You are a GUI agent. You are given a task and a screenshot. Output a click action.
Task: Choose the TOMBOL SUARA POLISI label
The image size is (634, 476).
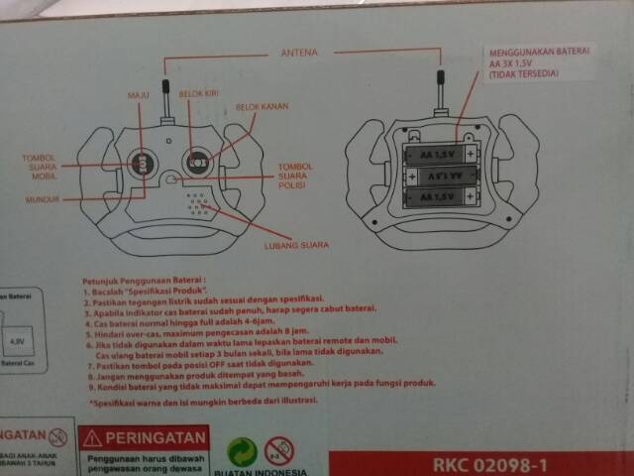tap(295, 178)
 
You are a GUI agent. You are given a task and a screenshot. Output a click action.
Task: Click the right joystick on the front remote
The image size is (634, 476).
tap(197, 159)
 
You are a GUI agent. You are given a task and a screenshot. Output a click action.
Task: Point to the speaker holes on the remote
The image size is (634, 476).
tap(199, 202)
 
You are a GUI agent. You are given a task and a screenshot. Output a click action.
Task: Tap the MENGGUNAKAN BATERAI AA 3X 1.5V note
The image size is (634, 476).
tap(538, 61)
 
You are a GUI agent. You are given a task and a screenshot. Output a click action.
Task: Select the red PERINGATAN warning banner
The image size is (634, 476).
tap(145, 436)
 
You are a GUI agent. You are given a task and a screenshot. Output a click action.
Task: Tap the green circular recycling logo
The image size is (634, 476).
tap(244, 451)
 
